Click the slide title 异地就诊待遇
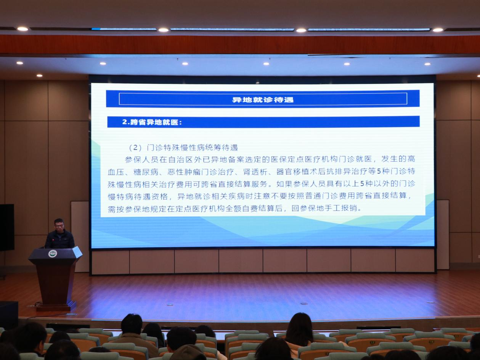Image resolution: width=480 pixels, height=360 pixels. (x=263, y=100)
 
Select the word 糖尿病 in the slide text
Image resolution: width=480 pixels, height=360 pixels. (x=146, y=172)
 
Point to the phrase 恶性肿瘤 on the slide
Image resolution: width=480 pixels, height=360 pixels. (x=184, y=172)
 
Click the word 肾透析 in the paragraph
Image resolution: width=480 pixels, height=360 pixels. (x=255, y=172)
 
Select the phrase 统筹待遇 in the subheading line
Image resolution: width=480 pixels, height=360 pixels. (x=221, y=148)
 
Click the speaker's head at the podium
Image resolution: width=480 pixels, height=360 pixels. (x=59, y=225)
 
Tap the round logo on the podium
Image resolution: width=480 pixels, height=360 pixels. (x=53, y=254)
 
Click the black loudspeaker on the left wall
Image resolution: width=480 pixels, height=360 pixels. (x=7, y=227)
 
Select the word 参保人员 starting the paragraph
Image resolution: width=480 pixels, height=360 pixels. (x=141, y=159)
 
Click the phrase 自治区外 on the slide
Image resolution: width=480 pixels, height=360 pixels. (x=185, y=159)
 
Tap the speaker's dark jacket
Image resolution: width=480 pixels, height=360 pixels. (x=60, y=239)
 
